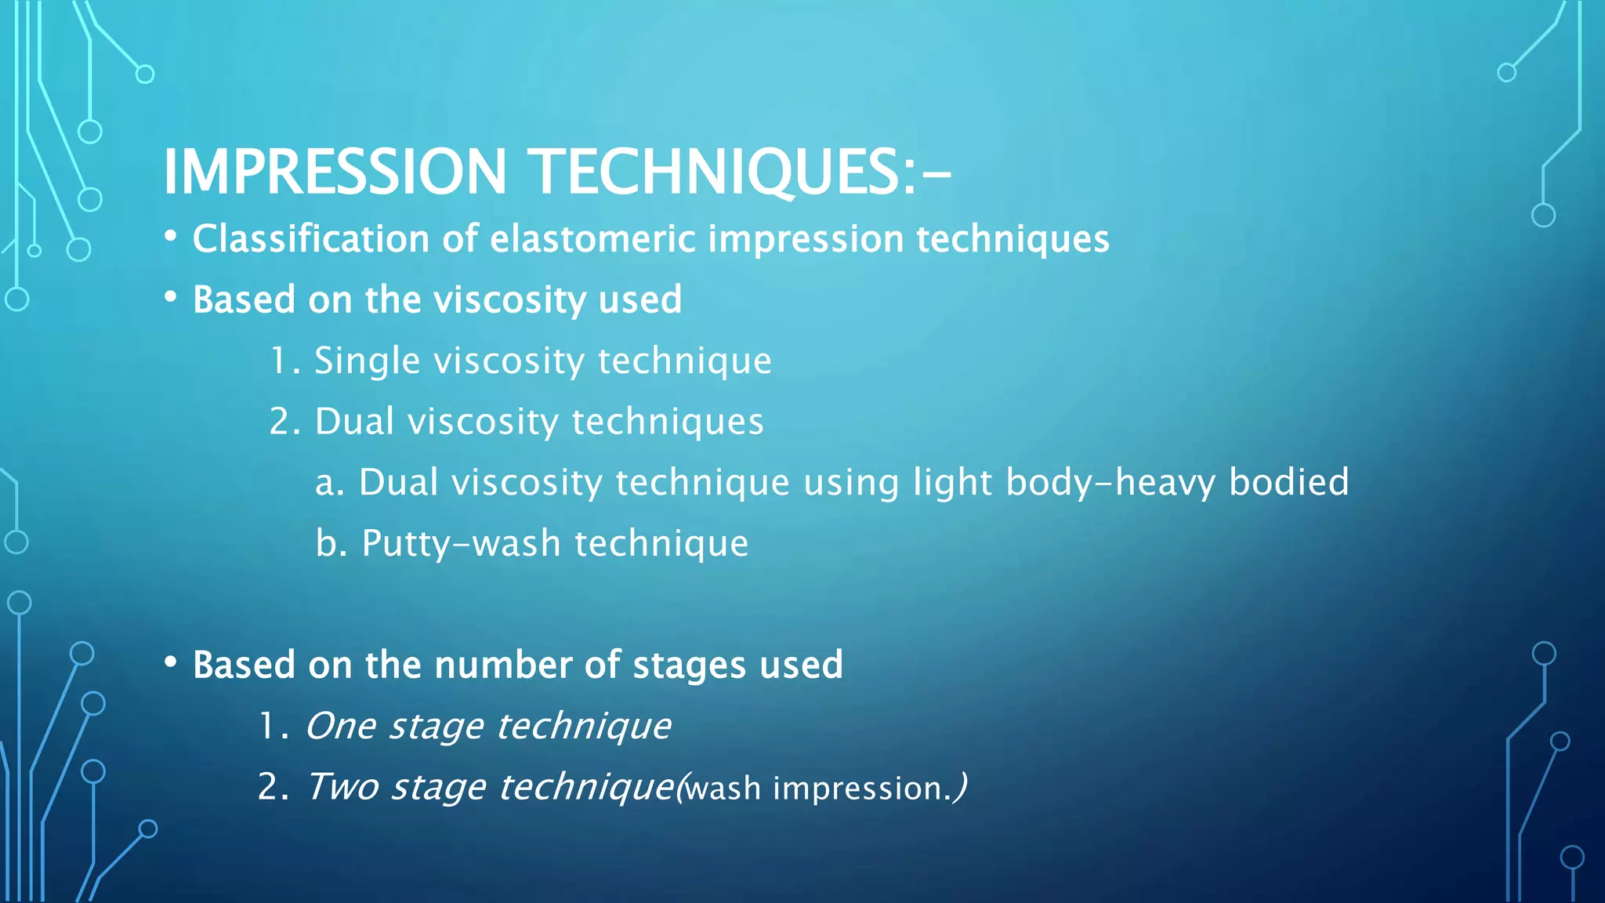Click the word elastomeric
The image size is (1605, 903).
tap(592, 238)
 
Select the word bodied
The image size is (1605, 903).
tap(1288, 482)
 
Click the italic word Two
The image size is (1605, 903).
tap(342, 787)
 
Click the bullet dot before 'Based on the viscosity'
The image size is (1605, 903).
tap(171, 298)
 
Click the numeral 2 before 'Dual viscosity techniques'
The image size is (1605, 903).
tap(279, 422)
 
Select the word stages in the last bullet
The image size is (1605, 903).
tap(689, 665)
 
